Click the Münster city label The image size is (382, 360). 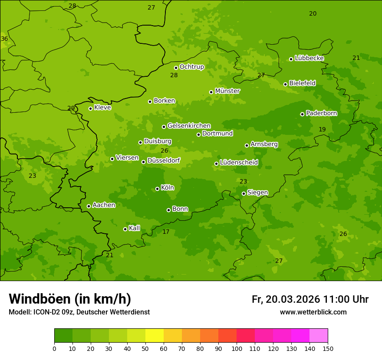click(x=227, y=91)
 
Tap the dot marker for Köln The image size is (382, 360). click(x=157, y=189)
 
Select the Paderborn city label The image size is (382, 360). click(x=321, y=113)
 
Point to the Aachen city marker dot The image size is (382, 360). click(x=89, y=206)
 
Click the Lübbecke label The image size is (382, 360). click(x=309, y=58)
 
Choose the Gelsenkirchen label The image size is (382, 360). click(x=189, y=126)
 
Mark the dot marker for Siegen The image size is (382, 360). click(x=244, y=193)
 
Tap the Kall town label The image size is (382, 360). click(x=135, y=228)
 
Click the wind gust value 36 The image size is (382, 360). click(x=4, y=39)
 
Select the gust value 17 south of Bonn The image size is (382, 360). click(x=166, y=232)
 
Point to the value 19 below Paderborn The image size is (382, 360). click(x=322, y=129)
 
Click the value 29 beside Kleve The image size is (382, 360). click(x=71, y=108)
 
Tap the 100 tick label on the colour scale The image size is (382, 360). click(x=237, y=348)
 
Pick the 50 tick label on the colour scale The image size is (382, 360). click(x=145, y=348)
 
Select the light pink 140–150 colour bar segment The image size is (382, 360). click(x=319, y=336)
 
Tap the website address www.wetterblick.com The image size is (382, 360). click(x=313, y=312)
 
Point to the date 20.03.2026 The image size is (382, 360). click(x=293, y=299)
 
